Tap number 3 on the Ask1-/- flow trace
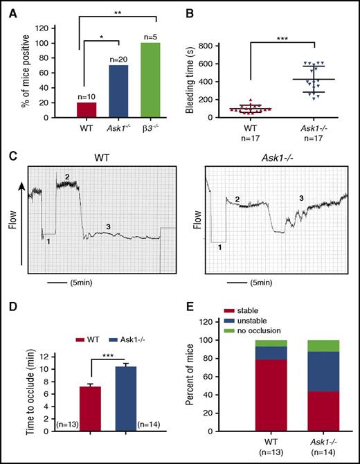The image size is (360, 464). (300, 199)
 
